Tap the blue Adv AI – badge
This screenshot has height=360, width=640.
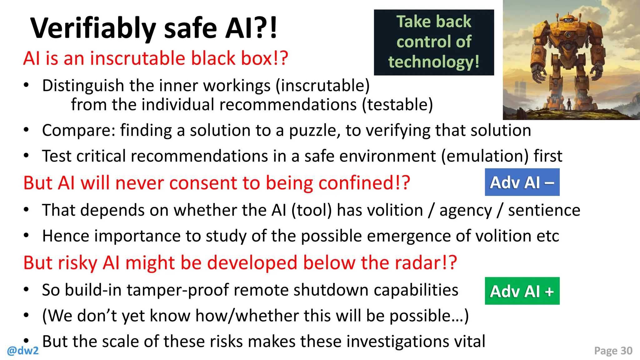coord(522,182)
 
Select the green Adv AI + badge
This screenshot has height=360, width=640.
coord(522,291)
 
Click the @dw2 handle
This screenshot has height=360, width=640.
coord(23,351)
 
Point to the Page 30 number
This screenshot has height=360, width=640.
coord(613,351)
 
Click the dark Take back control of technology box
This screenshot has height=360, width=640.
coord(434,42)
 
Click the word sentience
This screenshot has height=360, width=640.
coord(544,210)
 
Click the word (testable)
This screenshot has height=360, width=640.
coord(397,104)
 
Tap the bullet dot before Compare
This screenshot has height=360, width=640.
coord(27,130)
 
